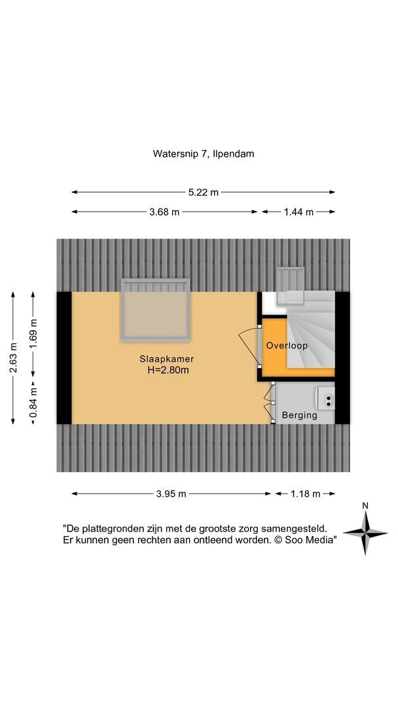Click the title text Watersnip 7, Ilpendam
(x=203, y=154)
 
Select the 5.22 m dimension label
(x=203, y=192)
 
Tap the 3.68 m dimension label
(x=164, y=212)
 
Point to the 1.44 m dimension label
(x=298, y=212)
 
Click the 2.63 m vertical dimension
(x=13, y=358)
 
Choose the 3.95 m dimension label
(x=172, y=494)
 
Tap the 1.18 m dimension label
(x=304, y=494)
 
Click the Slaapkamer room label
(x=166, y=359)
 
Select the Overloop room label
(x=286, y=345)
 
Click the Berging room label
(x=299, y=415)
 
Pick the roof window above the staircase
(x=289, y=286)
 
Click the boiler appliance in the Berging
(x=326, y=396)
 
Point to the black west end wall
(x=63, y=358)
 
